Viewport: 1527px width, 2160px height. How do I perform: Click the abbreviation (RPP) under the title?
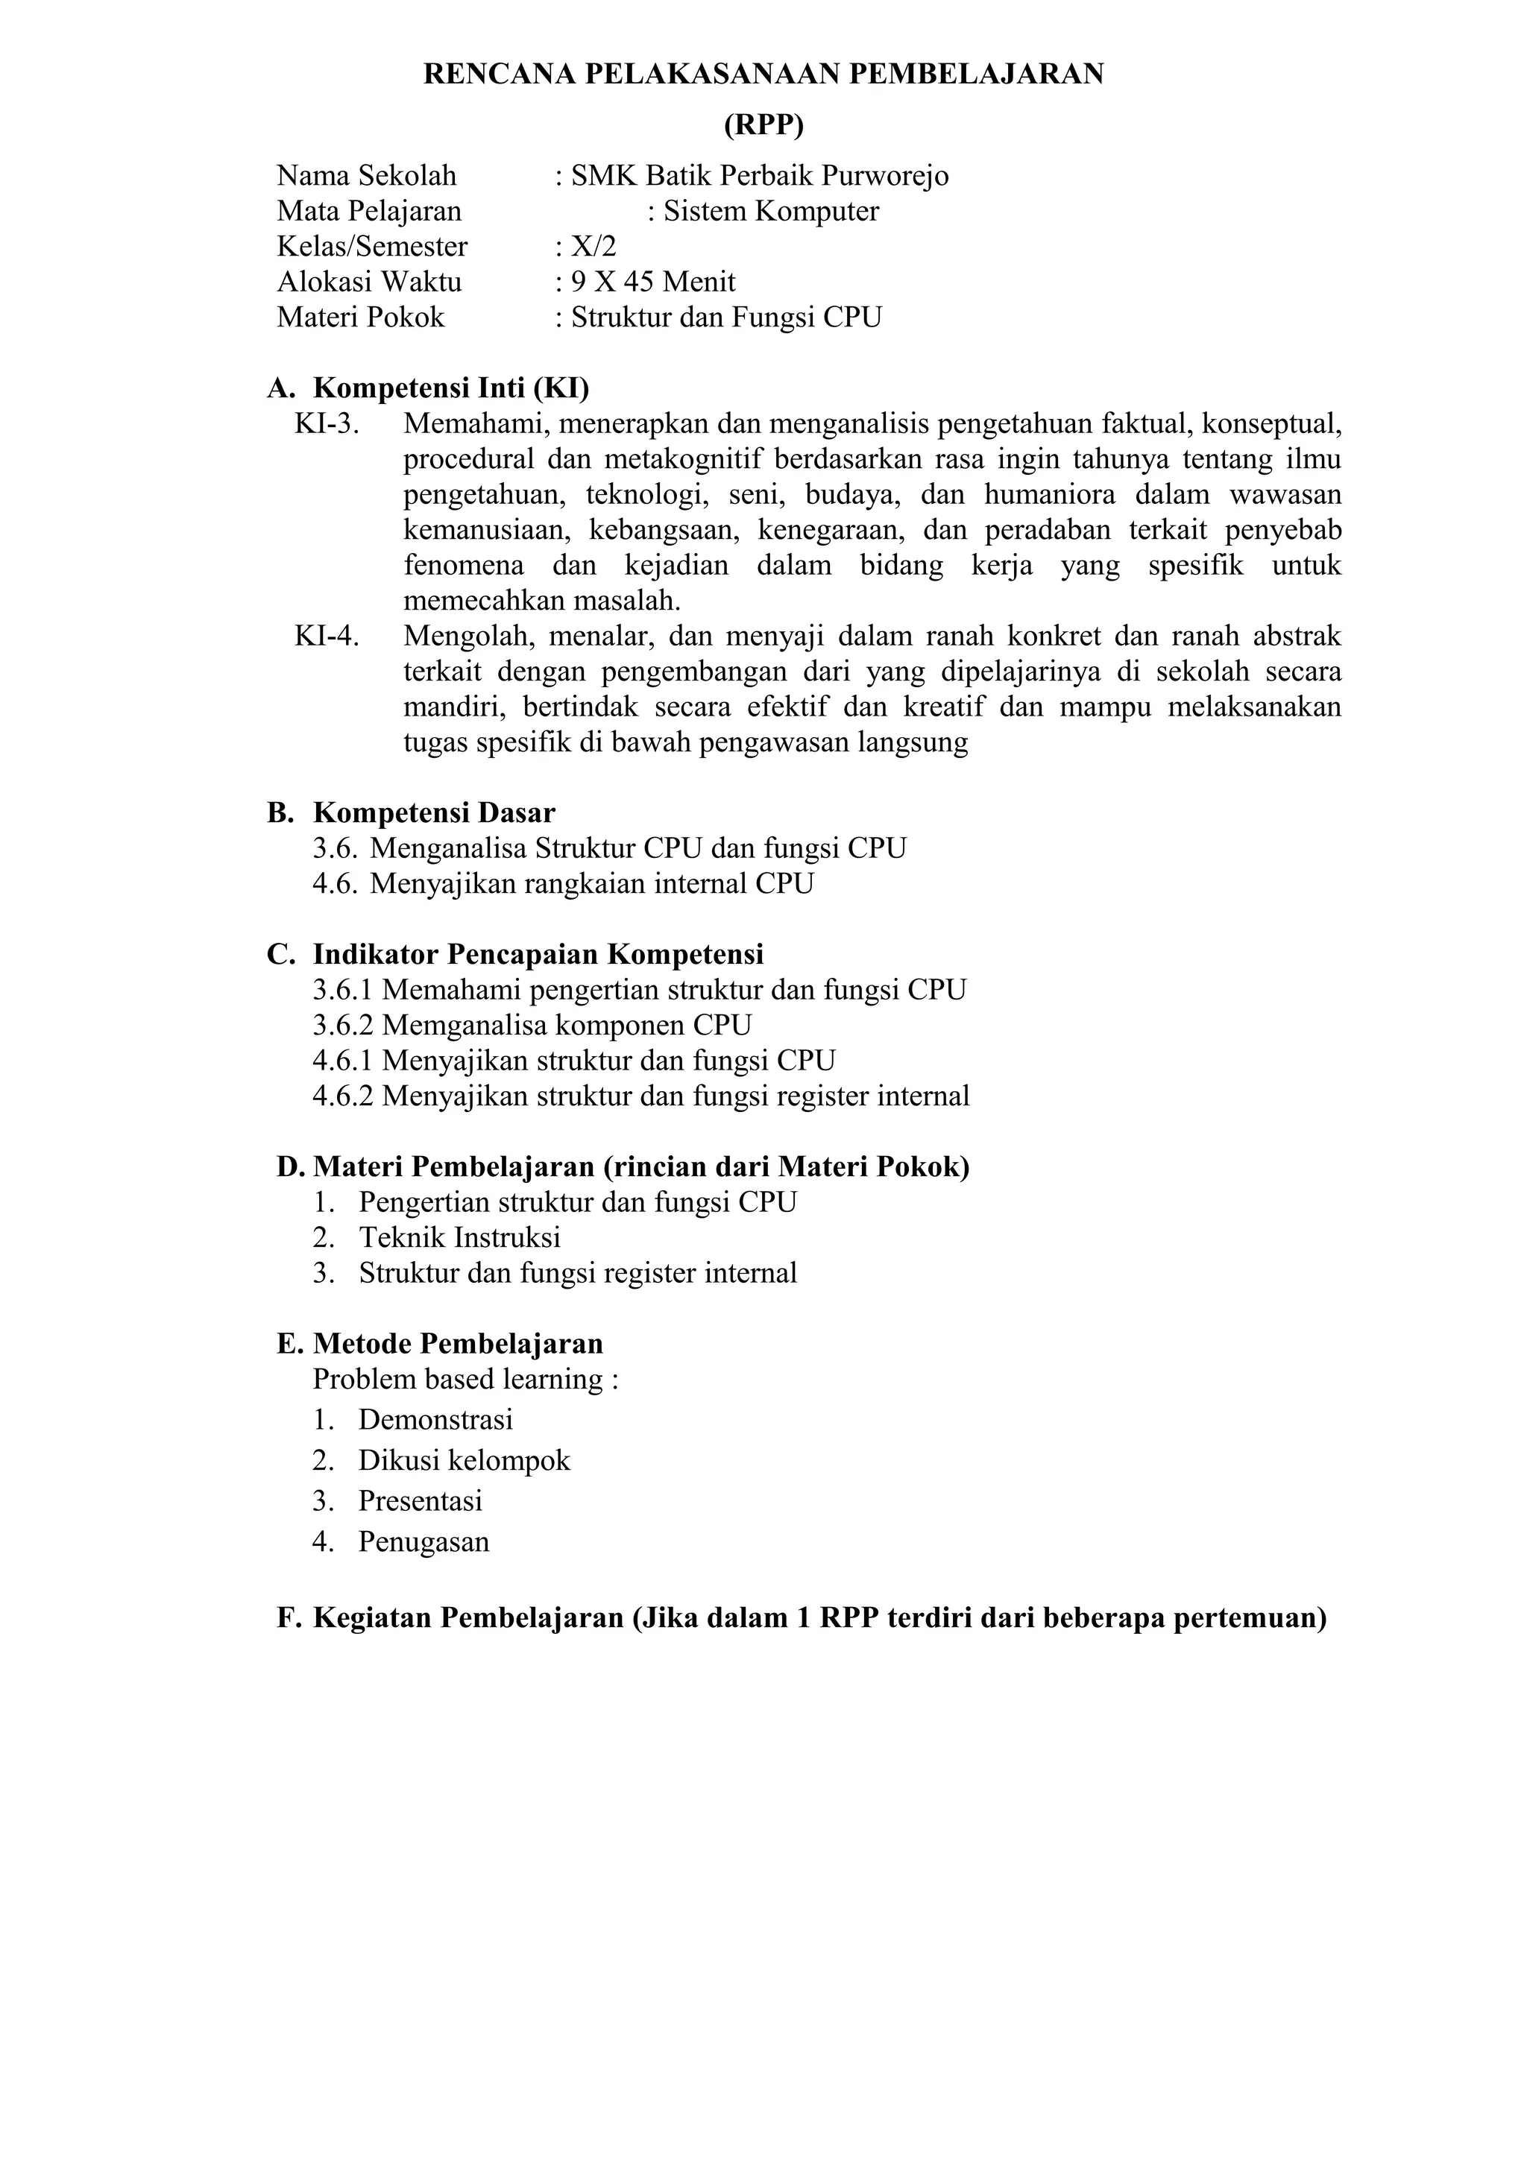(x=763, y=125)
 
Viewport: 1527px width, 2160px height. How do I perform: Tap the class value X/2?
(x=594, y=247)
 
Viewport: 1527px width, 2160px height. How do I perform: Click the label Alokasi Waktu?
(x=369, y=282)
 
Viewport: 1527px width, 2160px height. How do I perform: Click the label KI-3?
(x=327, y=424)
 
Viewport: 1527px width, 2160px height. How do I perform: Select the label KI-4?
(x=327, y=636)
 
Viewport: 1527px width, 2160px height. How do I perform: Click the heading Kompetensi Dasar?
(x=434, y=813)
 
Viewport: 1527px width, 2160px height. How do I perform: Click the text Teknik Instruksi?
(x=460, y=1237)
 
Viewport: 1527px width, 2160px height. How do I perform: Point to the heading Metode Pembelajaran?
(x=459, y=1343)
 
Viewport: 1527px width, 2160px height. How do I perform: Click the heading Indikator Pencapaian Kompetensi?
(x=538, y=954)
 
